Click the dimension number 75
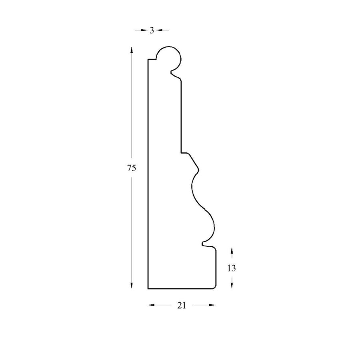point(132,168)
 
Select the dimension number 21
point(181,305)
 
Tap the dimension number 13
point(232,268)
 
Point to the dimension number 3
point(152,30)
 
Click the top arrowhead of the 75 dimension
point(132,50)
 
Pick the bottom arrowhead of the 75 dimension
point(132,285)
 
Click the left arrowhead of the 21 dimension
point(151,305)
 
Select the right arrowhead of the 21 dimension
point(212,305)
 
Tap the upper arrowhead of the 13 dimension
point(232,251)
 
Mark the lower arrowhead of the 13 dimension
point(232,285)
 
